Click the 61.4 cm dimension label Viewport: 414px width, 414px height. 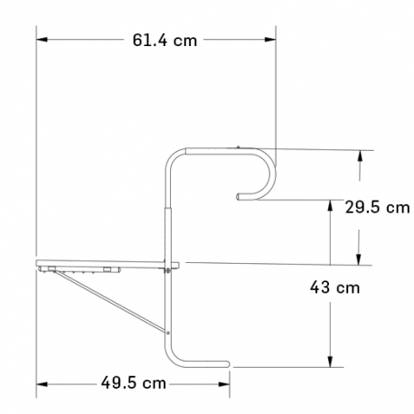tap(165, 40)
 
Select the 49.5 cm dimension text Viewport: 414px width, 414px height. tap(134, 383)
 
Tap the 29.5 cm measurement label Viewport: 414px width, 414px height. tap(377, 208)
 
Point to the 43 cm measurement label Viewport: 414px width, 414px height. tap(334, 287)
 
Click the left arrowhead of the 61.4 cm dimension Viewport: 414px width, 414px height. tap(42, 40)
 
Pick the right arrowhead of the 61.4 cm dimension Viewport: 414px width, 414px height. tap(270, 40)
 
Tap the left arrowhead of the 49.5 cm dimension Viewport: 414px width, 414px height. tap(42, 384)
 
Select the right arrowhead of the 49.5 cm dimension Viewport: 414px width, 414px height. tap(224, 384)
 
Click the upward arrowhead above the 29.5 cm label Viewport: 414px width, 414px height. tap(359, 156)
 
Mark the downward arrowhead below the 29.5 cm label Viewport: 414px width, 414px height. tap(359, 259)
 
